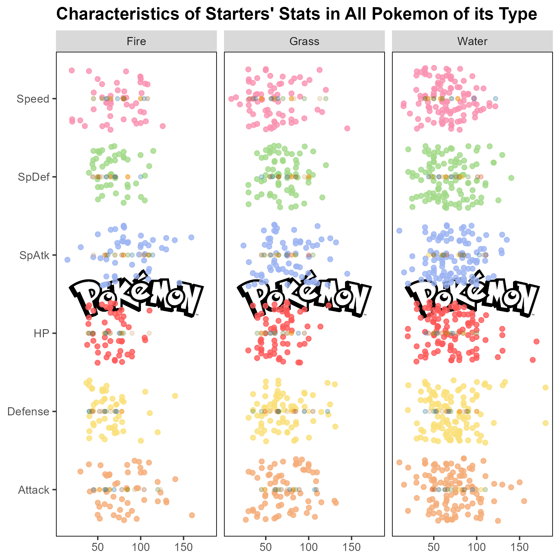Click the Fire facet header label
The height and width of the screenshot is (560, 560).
136,41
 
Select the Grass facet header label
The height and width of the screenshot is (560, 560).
304,41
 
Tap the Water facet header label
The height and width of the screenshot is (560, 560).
472,41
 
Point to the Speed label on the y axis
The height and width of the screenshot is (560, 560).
33,99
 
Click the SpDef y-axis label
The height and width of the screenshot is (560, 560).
34,177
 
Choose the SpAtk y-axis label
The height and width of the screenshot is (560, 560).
34,255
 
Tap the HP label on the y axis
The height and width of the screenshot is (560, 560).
42,334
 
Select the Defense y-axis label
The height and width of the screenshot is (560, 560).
28,412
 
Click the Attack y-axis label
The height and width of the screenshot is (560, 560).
34,490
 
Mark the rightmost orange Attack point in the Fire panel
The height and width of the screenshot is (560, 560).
192,515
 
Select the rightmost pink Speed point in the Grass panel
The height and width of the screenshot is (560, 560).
347,128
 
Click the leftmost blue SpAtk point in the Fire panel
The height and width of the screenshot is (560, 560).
67,259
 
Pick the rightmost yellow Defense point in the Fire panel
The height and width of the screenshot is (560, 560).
175,396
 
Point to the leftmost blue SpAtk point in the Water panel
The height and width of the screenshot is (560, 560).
399,231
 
